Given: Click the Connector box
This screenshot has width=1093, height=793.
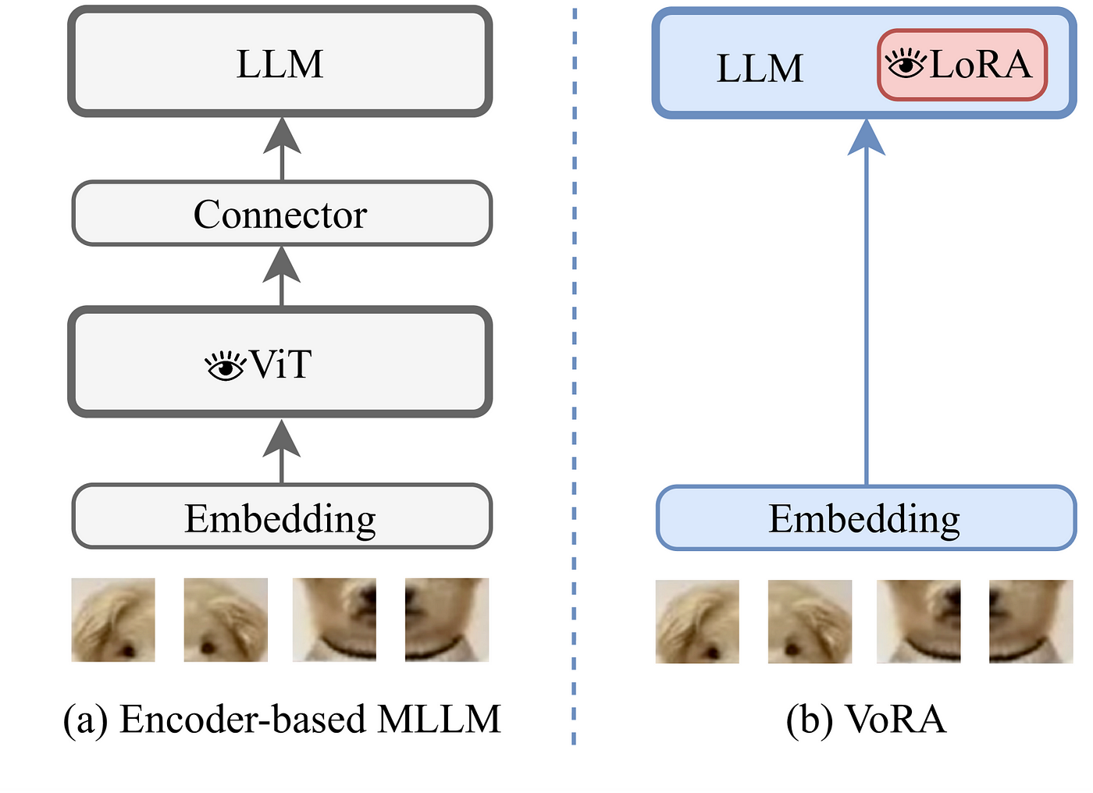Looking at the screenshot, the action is pyautogui.click(x=282, y=213).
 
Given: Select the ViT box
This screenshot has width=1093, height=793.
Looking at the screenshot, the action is pyautogui.click(x=280, y=362).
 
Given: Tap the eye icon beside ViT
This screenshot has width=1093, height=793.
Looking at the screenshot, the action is pyautogui.click(x=225, y=365).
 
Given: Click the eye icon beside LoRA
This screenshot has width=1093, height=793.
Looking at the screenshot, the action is pyautogui.click(x=906, y=63).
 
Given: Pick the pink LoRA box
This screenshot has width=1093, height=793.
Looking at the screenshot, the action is pyautogui.click(x=962, y=65).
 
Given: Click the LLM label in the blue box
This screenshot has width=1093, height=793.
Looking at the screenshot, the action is pyautogui.click(x=760, y=68).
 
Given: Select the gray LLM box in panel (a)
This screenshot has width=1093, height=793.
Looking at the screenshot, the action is pyautogui.click(x=280, y=62).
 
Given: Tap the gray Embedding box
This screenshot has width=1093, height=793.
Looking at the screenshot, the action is pyautogui.click(x=282, y=517).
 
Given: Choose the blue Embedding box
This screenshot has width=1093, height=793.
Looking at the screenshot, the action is pyautogui.click(x=866, y=518).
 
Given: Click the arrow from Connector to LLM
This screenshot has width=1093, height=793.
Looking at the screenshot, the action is pyautogui.click(x=282, y=149).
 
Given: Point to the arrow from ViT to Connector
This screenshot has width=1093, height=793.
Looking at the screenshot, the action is pyautogui.click(x=282, y=276).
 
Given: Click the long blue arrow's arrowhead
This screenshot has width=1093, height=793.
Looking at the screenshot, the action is pyautogui.click(x=866, y=137).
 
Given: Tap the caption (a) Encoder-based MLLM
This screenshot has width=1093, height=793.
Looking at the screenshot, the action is pyautogui.click(x=282, y=720).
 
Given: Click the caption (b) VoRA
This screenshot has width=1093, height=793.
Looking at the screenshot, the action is pyautogui.click(x=866, y=720).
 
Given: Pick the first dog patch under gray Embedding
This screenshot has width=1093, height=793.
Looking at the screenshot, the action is pyautogui.click(x=113, y=620).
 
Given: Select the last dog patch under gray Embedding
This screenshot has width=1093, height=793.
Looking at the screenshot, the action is pyautogui.click(x=447, y=620).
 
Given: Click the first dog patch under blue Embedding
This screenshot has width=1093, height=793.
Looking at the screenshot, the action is pyautogui.click(x=697, y=622).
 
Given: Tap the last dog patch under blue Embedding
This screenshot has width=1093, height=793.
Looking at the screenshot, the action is pyautogui.click(x=1031, y=622).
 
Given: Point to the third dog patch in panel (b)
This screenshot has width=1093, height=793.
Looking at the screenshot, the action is pyautogui.click(x=919, y=622).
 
